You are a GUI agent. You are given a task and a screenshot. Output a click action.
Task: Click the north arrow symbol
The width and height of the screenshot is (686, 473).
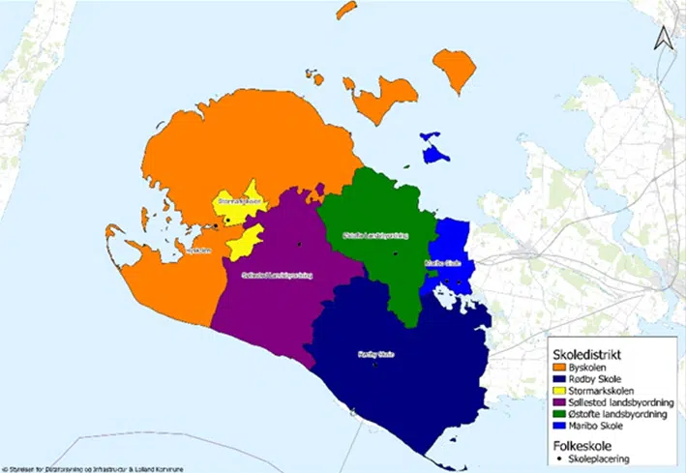pos(663,38)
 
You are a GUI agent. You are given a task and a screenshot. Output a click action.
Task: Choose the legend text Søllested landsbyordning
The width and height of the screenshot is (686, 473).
pos(619,402)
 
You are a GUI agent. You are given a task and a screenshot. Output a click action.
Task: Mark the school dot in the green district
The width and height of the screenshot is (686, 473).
pos(396,252)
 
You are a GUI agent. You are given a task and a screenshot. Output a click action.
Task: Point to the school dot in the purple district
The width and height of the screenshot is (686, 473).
pos(300,244)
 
